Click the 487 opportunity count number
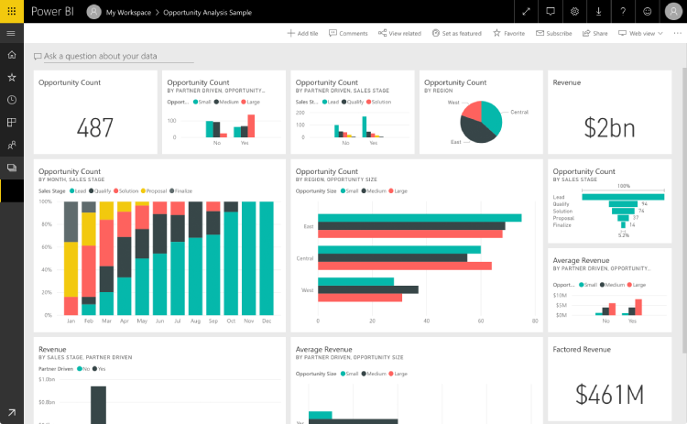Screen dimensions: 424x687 coord(95,128)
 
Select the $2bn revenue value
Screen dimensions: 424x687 coord(609,128)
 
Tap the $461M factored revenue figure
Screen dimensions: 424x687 coord(609,394)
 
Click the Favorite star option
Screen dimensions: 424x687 coord(508,33)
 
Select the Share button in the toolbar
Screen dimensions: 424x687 coord(594,33)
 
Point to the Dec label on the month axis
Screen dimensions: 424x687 coord(267,321)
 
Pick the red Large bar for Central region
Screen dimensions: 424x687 coord(404,266)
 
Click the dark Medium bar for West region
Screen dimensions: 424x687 coord(367,289)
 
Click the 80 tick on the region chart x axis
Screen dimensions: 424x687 coord(534,321)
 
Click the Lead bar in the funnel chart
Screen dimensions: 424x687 coord(624,196)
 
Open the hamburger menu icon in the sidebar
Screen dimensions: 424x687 coord(11,33)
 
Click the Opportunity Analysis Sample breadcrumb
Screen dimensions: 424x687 coord(213,12)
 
